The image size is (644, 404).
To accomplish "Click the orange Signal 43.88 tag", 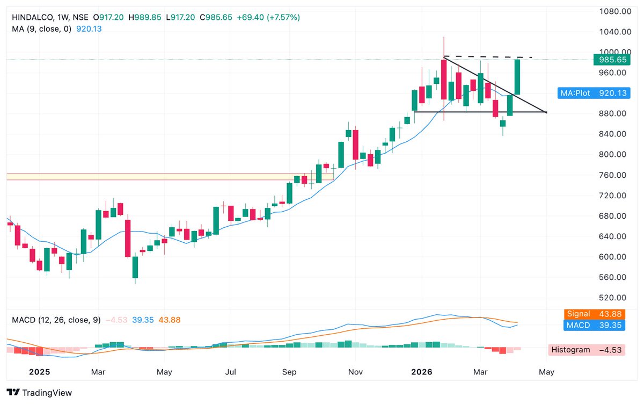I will pyautogui.click(x=595, y=314).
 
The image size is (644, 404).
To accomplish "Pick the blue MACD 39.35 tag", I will pyautogui.click(x=595, y=325).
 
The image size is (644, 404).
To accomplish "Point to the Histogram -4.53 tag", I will pyautogui.click(x=587, y=350).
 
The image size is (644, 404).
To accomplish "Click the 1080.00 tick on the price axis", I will pyautogui.click(x=615, y=11).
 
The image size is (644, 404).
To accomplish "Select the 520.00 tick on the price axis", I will pyautogui.click(x=615, y=298).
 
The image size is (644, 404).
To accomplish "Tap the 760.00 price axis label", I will pyautogui.click(x=615, y=175).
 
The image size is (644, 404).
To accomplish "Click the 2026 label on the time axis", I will pyautogui.click(x=421, y=372).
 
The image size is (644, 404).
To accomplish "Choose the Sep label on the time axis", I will pyautogui.click(x=289, y=372).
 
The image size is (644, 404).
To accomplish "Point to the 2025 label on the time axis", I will pyautogui.click(x=39, y=372).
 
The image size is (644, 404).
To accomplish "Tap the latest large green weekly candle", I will pyautogui.click(x=517, y=77).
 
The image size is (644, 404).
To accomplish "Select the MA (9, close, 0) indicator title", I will pyautogui.click(x=41, y=29).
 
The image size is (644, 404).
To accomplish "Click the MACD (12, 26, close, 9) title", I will pyautogui.click(x=56, y=320).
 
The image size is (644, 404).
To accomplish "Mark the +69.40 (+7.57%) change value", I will pyautogui.click(x=269, y=17).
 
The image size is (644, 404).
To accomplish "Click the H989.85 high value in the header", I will pyautogui.click(x=147, y=17).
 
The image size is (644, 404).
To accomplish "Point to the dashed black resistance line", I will pyautogui.click(x=488, y=56).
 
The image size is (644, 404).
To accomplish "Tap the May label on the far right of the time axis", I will pyautogui.click(x=546, y=372).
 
